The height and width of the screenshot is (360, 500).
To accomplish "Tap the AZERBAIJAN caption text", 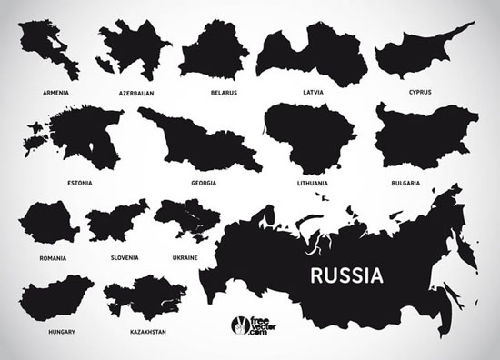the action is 136,93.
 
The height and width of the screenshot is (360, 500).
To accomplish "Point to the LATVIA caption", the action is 314,92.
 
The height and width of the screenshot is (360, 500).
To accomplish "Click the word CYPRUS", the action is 419,92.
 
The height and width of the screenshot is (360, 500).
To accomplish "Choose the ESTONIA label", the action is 79,183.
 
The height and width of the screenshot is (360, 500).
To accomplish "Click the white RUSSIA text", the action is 345,275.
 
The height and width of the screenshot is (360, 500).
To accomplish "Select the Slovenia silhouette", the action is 116,225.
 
